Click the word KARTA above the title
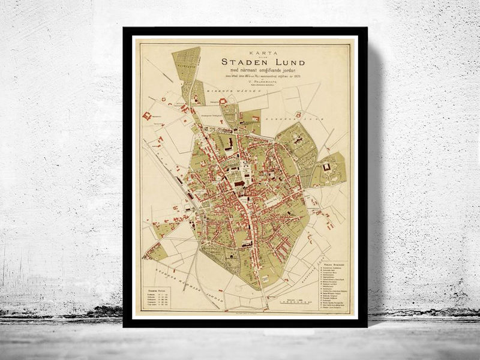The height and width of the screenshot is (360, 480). point(245,52)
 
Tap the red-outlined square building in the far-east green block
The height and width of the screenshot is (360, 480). point(326,166)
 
